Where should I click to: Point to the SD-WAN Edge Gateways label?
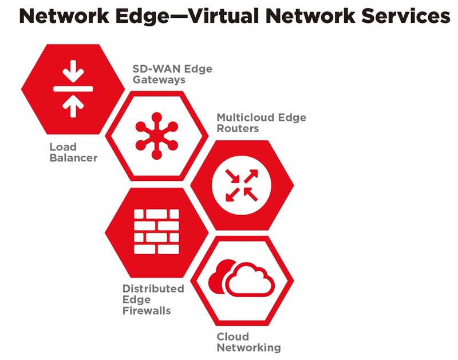tap(172, 74)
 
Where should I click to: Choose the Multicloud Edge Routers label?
tap(261, 123)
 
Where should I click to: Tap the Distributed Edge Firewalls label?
tap(153, 300)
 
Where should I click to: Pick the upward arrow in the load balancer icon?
tap(73, 105)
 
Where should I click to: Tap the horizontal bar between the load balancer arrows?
tap(73, 89)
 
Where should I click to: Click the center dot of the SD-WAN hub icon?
tap(157, 135)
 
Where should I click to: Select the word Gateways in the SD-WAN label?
tap(159, 80)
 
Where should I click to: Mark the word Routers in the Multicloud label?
tap(238, 129)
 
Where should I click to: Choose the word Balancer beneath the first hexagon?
tap(73, 158)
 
